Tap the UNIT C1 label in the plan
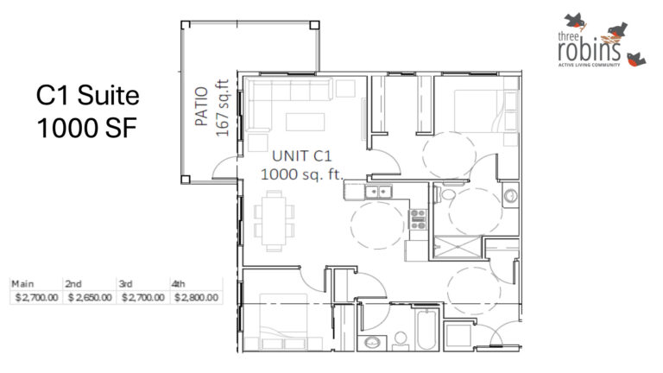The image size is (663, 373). click(x=302, y=156)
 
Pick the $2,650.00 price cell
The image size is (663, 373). click(x=90, y=298)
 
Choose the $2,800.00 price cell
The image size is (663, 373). click(x=196, y=298)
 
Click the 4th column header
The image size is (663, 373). click(x=179, y=283)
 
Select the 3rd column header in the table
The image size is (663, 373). click(x=125, y=283)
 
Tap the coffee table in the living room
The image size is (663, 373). click(x=307, y=119)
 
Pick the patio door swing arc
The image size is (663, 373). click(x=224, y=168)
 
